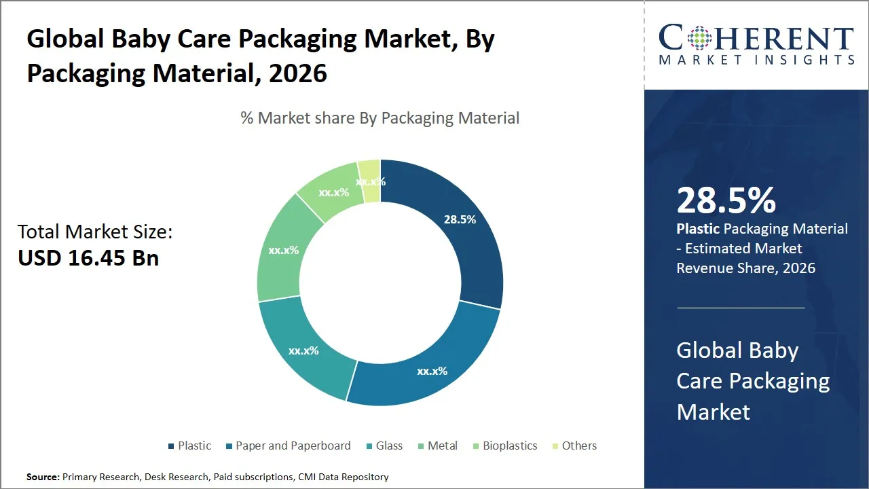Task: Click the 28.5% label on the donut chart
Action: click(x=460, y=219)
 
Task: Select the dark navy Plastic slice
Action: click(x=468, y=244)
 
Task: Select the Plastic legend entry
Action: click(x=193, y=446)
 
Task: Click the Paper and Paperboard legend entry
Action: click(x=293, y=446)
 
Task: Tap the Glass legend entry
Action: click(x=388, y=446)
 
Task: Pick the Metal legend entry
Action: click(x=442, y=446)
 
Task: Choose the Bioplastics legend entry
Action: click(x=509, y=446)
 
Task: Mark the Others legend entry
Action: click(x=578, y=446)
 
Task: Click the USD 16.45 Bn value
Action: click(x=88, y=259)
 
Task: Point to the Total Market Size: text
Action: click(x=95, y=232)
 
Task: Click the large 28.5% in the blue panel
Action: click(x=726, y=200)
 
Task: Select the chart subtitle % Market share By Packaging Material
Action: click(x=380, y=118)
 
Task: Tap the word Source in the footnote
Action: click(x=43, y=477)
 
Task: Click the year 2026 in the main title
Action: click(x=298, y=73)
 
